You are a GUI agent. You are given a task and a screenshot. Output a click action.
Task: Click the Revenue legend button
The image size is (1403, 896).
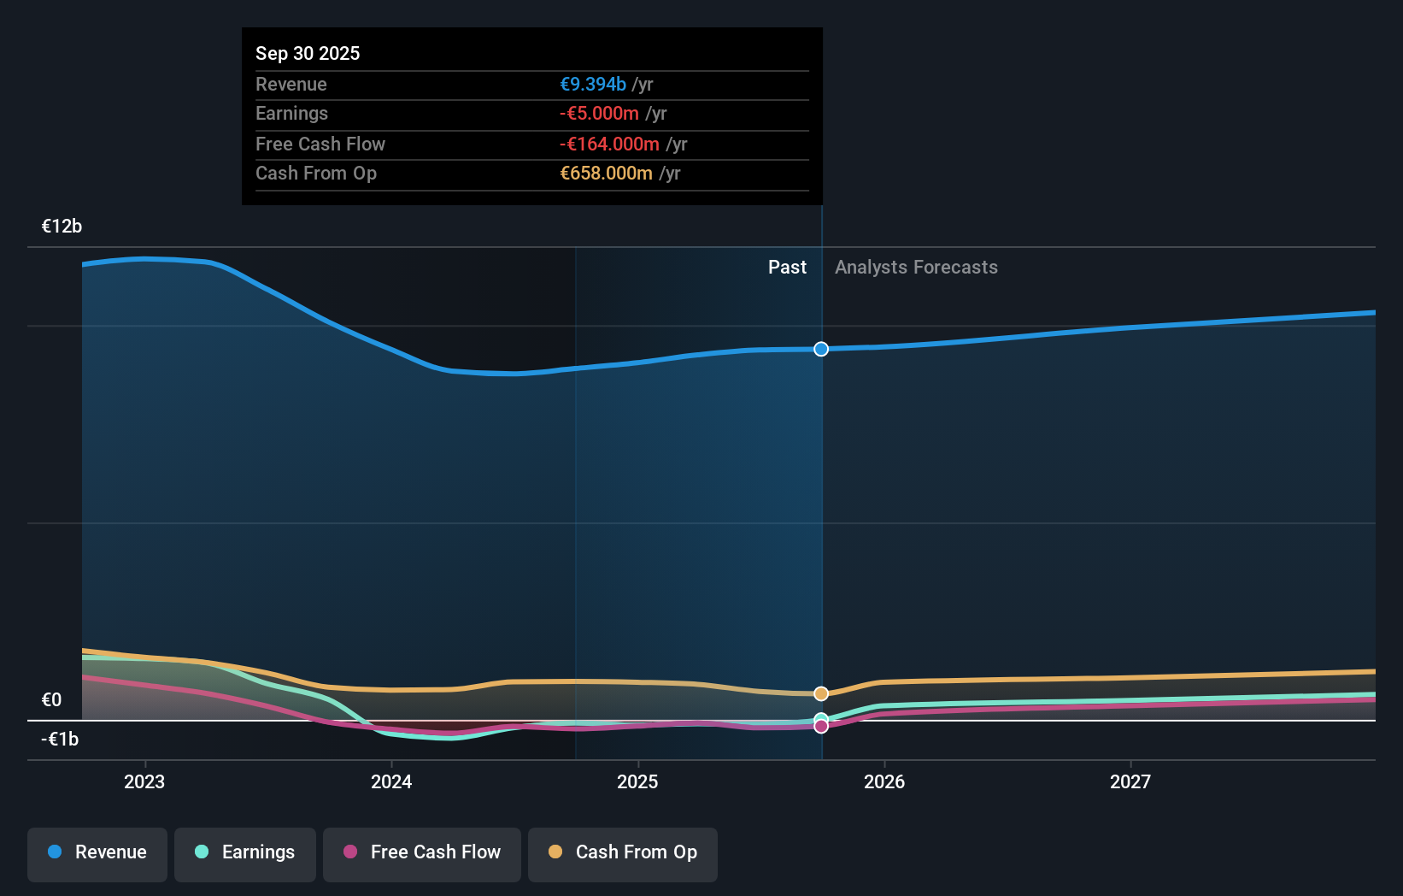click(x=97, y=852)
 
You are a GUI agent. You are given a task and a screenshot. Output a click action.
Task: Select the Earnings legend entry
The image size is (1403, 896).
click(x=245, y=852)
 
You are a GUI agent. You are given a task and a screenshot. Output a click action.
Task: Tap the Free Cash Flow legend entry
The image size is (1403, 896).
click(x=422, y=852)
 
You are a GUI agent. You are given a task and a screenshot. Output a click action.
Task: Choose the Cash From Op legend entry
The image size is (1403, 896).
click(x=623, y=852)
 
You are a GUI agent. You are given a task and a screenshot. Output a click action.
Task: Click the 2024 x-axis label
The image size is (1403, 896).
click(x=391, y=781)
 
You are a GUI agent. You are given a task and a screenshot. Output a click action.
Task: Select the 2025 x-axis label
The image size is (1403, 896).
click(x=637, y=781)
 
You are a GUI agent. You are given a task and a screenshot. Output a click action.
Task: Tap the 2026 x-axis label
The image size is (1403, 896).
click(x=884, y=781)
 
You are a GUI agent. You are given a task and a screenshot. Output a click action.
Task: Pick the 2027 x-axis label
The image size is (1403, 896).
click(x=1130, y=781)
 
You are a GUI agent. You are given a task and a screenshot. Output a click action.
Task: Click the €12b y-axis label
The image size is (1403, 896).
click(x=62, y=227)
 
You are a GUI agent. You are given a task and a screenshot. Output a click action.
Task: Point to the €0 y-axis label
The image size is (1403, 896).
click(x=51, y=700)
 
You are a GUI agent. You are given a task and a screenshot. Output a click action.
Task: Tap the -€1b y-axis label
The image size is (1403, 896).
click(x=60, y=740)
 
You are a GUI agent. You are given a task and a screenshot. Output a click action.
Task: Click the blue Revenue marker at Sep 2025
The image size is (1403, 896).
click(x=821, y=349)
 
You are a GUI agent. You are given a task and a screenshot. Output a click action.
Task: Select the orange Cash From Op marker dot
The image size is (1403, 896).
click(x=821, y=693)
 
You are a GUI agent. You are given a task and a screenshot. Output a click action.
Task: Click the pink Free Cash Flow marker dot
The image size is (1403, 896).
click(x=821, y=727)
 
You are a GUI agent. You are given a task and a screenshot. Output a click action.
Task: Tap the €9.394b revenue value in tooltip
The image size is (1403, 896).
click(x=593, y=85)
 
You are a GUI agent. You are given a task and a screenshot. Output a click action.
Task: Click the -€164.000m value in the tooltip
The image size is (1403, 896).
click(x=609, y=144)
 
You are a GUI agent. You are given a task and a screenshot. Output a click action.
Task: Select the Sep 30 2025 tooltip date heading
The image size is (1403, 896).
click(x=308, y=54)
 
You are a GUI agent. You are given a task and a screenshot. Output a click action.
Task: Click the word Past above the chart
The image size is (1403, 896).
click(x=787, y=268)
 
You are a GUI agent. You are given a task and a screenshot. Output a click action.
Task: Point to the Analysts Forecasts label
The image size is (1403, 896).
click(x=916, y=268)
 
